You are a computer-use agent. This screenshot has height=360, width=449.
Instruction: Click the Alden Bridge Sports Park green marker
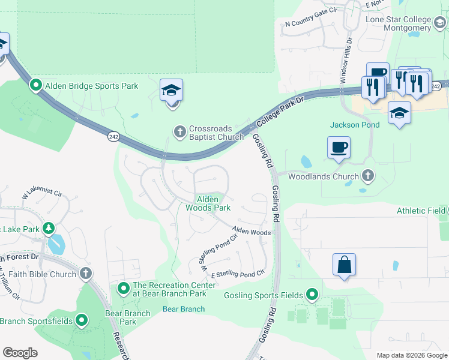(x=35, y=86)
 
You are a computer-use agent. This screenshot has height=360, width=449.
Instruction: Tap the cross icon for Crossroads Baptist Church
(x=179, y=131)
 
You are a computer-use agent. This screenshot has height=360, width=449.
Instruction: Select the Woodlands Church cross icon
(x=369, y=176)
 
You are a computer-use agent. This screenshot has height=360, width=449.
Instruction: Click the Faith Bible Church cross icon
(x=86, y=274)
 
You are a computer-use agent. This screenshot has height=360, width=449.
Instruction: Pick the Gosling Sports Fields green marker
(x=312, y=295)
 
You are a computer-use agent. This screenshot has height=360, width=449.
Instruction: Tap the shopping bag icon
(x=344, y=265)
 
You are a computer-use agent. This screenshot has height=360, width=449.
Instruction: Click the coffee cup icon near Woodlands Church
(x=339, y=147)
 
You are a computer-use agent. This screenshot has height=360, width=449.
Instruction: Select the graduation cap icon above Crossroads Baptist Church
(x=172, y=91)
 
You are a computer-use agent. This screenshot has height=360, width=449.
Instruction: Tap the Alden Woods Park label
(x=207, y=203)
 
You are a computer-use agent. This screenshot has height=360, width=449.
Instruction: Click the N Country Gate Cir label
(x=312, y=25)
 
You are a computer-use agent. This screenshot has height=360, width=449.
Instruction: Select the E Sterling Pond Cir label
(x=237, y=274)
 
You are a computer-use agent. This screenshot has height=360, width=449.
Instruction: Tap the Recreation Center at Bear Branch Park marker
(x=124, y=289)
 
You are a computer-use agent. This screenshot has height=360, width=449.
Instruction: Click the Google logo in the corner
(x=19, y=352)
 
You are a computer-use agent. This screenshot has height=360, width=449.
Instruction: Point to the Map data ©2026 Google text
(x=411, y=355)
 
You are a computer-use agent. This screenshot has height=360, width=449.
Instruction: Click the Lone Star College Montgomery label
(x=398, y=23)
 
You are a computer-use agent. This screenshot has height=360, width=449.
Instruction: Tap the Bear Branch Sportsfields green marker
(x=80, y=321)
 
